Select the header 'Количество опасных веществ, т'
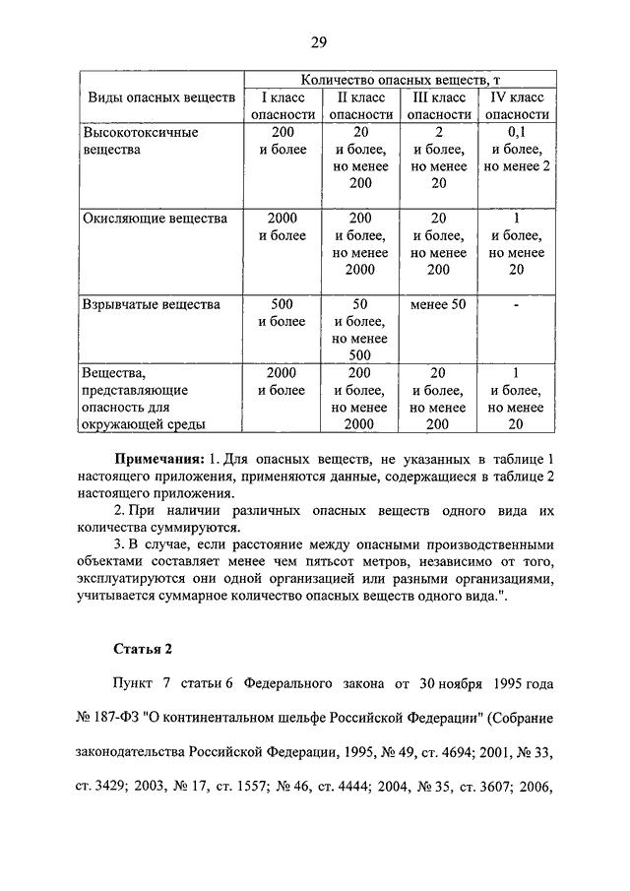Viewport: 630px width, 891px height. (401, 79)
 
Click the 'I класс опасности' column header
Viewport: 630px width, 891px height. (283, 105)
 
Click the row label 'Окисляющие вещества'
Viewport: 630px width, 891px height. (155, 219)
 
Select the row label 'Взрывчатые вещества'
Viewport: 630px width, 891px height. (151, 304)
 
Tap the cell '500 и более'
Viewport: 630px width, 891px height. (283, 312)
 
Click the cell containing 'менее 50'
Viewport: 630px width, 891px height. (438, 304)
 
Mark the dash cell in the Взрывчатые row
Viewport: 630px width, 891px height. (517, 304)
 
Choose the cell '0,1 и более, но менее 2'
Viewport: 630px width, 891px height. (517, 150)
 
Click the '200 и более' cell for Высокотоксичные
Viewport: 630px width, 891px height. (283, 141)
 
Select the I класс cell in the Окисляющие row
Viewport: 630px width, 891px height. (283, 226)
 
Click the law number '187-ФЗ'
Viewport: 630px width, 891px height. (116, 717)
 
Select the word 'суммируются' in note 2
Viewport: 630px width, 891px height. (183, 528)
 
